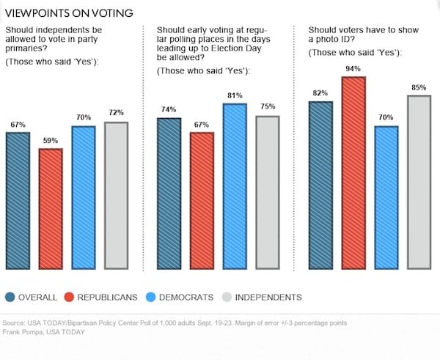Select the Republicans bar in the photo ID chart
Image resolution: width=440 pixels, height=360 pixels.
353,173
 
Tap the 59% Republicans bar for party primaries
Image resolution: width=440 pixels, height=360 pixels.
50,210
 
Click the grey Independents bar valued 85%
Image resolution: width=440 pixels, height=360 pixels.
418,183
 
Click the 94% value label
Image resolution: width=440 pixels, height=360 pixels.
353,69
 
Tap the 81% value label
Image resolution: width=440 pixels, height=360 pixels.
235,95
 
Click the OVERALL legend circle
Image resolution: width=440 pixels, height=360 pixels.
12,296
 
